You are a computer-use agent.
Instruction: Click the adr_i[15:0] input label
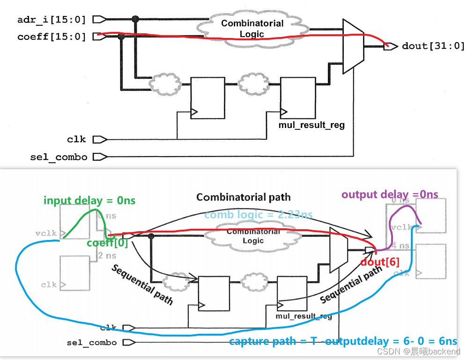(x=52, y=20)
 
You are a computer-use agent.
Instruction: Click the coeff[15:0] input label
(x=52, y=36)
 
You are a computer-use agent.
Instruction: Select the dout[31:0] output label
(x=433, y=46)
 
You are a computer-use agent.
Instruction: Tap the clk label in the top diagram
(x=76, y=139)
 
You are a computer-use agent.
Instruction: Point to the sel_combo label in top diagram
(x=59, y=157)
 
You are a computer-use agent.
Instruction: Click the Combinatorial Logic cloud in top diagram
(x=252, y=29)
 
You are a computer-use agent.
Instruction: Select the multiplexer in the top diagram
(x=354, y=46)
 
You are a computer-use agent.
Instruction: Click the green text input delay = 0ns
(x=89, y=201)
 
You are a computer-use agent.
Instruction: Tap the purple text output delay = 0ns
(x=390, y=194)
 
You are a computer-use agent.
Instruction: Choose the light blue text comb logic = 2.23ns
(x=258, y=215)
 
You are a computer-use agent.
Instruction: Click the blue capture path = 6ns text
(x=343, y=341)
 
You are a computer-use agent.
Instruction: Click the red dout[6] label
(x=380, y=263)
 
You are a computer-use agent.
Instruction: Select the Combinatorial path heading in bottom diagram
(x=243, y=197)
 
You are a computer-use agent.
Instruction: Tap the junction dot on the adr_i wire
(x=135, y=19)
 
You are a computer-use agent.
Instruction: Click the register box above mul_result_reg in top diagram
(x=298, y=98)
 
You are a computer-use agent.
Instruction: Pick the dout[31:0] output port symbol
(x=388, y=46)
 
